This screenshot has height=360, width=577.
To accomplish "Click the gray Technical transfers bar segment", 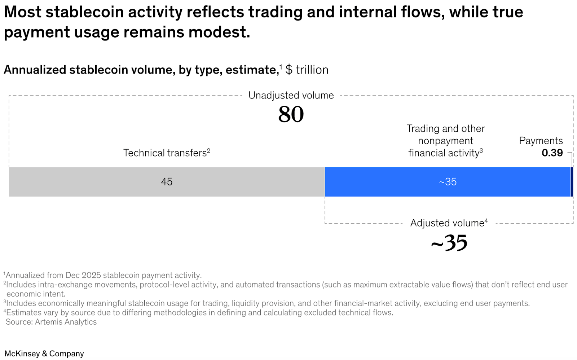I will [x=108, y=182].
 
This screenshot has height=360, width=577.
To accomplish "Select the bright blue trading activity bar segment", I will [x=397, y=182].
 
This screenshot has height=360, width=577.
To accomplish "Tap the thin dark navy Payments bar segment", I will [x=572, y=182].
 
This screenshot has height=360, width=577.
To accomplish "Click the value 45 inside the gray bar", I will [x=167, y=182].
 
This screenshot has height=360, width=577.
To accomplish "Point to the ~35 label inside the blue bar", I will [x=448, y=182].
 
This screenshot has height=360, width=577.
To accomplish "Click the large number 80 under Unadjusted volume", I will [x=291, y=115].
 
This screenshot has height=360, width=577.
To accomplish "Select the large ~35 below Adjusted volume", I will [x=449, y=243].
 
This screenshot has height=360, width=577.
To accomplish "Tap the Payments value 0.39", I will [x=552, y=153].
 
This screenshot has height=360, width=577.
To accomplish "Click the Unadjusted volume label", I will [x=291, y=95].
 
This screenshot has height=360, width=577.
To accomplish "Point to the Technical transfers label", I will [x=166, y=153].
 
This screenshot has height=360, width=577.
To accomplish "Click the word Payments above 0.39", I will [x=541, y=141].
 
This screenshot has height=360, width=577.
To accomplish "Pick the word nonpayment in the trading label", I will [x=445, y=141].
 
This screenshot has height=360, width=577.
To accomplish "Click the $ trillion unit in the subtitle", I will [x=307, y=70].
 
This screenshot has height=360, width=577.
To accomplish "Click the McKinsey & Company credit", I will [x=44, y=354].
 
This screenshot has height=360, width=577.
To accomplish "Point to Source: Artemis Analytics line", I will [x=51, y=322].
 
